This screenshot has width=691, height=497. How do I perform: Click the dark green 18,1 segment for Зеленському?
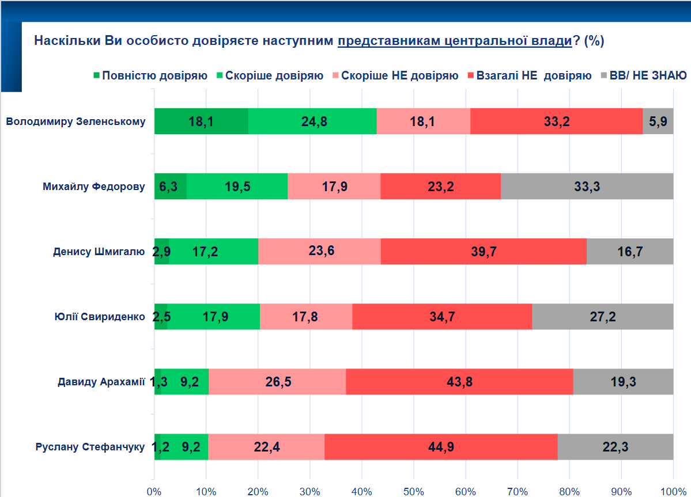201,122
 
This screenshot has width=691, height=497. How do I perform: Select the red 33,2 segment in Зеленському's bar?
556,122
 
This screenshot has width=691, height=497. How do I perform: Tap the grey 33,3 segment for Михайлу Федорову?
587,187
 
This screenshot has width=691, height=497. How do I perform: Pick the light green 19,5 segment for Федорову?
237,187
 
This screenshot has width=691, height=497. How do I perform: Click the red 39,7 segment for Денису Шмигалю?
484,252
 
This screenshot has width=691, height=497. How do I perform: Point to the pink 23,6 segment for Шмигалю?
319,252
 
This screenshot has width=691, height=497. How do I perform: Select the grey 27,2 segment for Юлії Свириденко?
602,317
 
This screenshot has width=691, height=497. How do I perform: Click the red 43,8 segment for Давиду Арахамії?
459,382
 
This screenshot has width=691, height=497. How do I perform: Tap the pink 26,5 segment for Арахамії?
277,382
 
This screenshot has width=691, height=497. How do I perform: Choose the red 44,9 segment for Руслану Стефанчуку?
441,447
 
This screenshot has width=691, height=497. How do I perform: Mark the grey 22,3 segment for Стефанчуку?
616,447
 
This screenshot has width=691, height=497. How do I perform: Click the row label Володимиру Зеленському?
75,122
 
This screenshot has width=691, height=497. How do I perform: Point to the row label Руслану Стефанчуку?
90,447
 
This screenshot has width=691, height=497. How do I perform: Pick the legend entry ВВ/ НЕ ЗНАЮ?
648,76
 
